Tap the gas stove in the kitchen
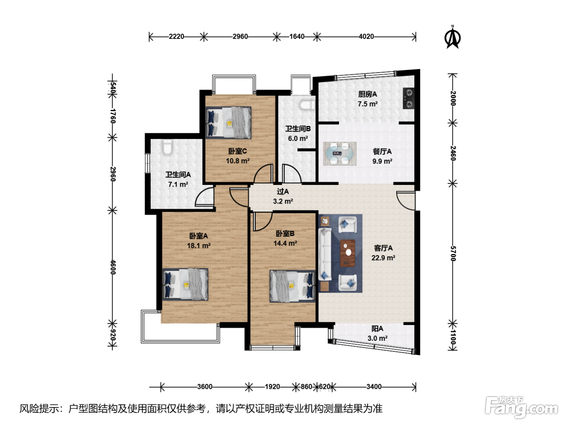coord(408,99)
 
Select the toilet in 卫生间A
coord(167,147)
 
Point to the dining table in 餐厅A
coord(340,154)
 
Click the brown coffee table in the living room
coord(347,253)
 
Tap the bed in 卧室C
coord(228,122)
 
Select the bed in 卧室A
coord(185,284)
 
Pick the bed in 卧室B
coord(293,286)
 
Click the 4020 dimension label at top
coord(366,37)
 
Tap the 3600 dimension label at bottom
coord(205,387)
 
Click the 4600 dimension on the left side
coord(113,267)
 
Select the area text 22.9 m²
coord(383,258)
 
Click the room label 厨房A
coord(368,94)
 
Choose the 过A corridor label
coord(283,191)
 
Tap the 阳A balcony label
coord(377,329)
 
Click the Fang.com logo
coord(521,407)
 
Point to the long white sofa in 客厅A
coord(325,254)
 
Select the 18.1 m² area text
coord(199,246)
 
